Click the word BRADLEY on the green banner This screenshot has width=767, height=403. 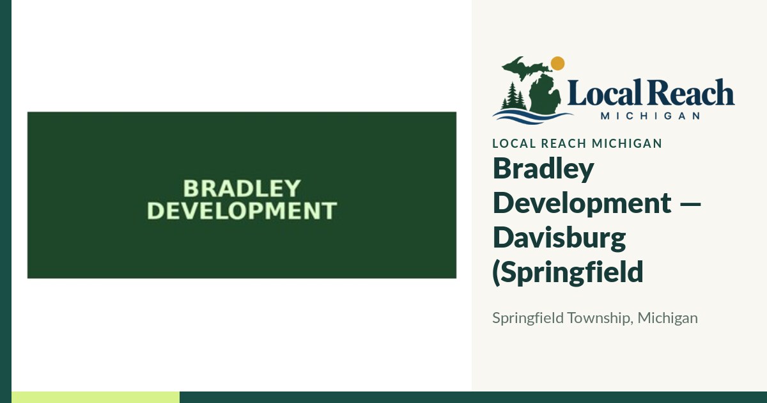[x=242, y=189]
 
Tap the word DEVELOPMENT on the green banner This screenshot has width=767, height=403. [x=242, y=210]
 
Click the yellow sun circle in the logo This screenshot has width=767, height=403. [x=558, y=63]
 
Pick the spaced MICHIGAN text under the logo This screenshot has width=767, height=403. [x=650, y=116]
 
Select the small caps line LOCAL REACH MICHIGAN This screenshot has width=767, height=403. [x=577, y=143]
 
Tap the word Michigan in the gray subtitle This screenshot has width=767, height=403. [x=668, y=318]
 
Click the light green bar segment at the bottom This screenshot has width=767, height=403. [x=95, y=397]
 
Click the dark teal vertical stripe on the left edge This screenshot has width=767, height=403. [x=6, y=201]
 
